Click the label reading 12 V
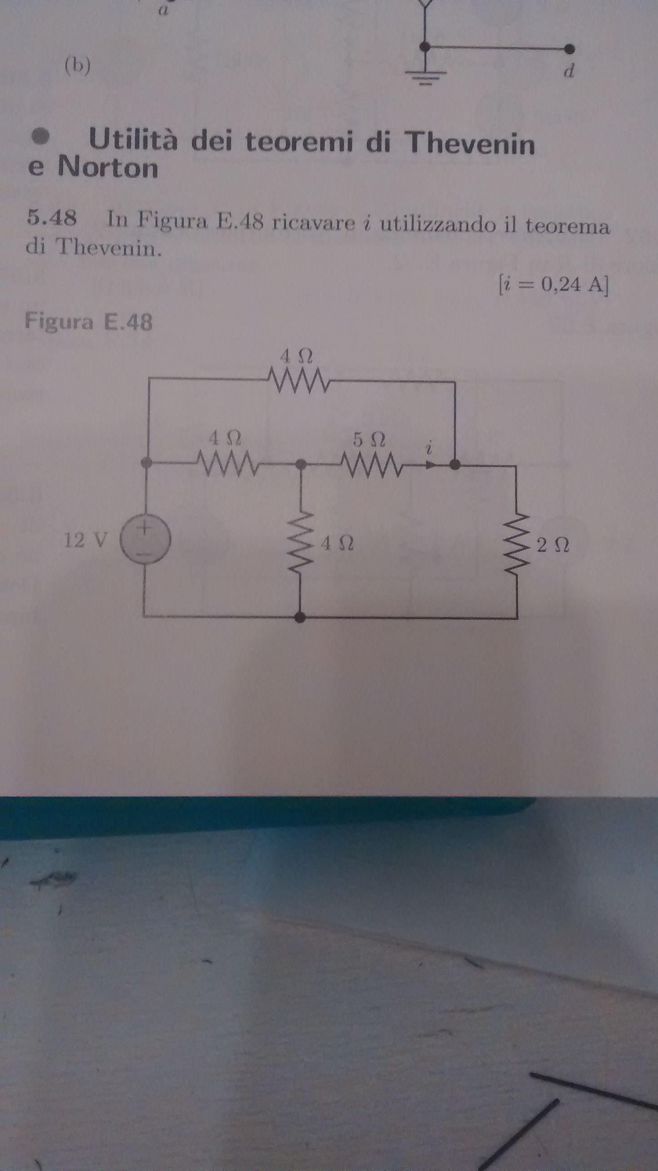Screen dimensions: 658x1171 point(86,540)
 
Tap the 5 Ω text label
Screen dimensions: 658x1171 point(369,440)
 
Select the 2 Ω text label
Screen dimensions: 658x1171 point(553,545)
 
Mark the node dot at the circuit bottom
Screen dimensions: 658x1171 point(300,617)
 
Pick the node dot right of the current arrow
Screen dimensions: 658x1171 point(454,464)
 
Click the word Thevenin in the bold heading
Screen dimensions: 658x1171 point(472,143)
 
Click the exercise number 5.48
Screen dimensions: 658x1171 point(52,219)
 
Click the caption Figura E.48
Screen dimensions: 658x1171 point(89,322)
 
